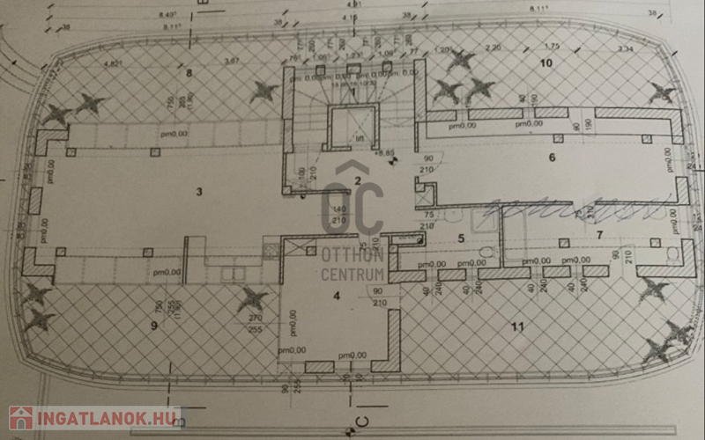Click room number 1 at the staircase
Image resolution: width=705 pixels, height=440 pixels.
[352, 92]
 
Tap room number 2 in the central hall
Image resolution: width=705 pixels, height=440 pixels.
[358, 180]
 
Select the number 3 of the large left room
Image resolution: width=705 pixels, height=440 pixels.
[199, 191]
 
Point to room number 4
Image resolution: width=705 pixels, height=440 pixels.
[336, 295]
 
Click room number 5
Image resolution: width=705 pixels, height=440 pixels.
[460, 238]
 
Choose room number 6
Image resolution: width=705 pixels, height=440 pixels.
[552, 158]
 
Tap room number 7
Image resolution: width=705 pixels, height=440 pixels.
[599, 235]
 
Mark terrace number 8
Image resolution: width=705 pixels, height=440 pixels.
[188, 71]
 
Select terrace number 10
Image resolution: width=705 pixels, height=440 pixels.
[545, 63]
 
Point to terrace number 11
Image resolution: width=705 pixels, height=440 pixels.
[517, 326]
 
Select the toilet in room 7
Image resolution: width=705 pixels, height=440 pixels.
[674, 254]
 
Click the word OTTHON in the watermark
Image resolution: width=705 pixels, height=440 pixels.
[352, 256]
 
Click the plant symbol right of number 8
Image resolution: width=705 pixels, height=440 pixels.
[263, 90]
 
